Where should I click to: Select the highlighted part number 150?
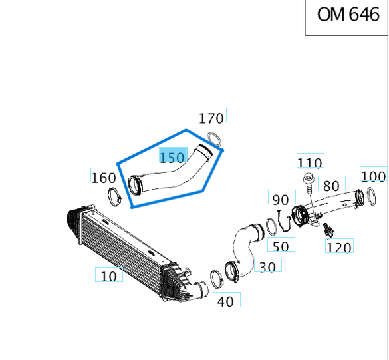[x=172, y=157]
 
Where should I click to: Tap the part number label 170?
[x=212, y=118]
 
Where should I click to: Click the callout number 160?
[x=103, y=177]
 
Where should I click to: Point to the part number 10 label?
[x=108, y=275]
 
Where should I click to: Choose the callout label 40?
[x=225, y=301]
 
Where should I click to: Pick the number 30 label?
[x=267, y=267]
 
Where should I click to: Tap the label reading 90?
[x=280, y=198]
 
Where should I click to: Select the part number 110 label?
[x=309, y=162]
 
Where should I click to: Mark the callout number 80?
[x=330, y=184]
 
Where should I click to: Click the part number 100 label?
[x=373, y=176]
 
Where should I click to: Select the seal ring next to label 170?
[x=214, y=138]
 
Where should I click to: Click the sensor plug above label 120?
[x=327, y=230]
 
